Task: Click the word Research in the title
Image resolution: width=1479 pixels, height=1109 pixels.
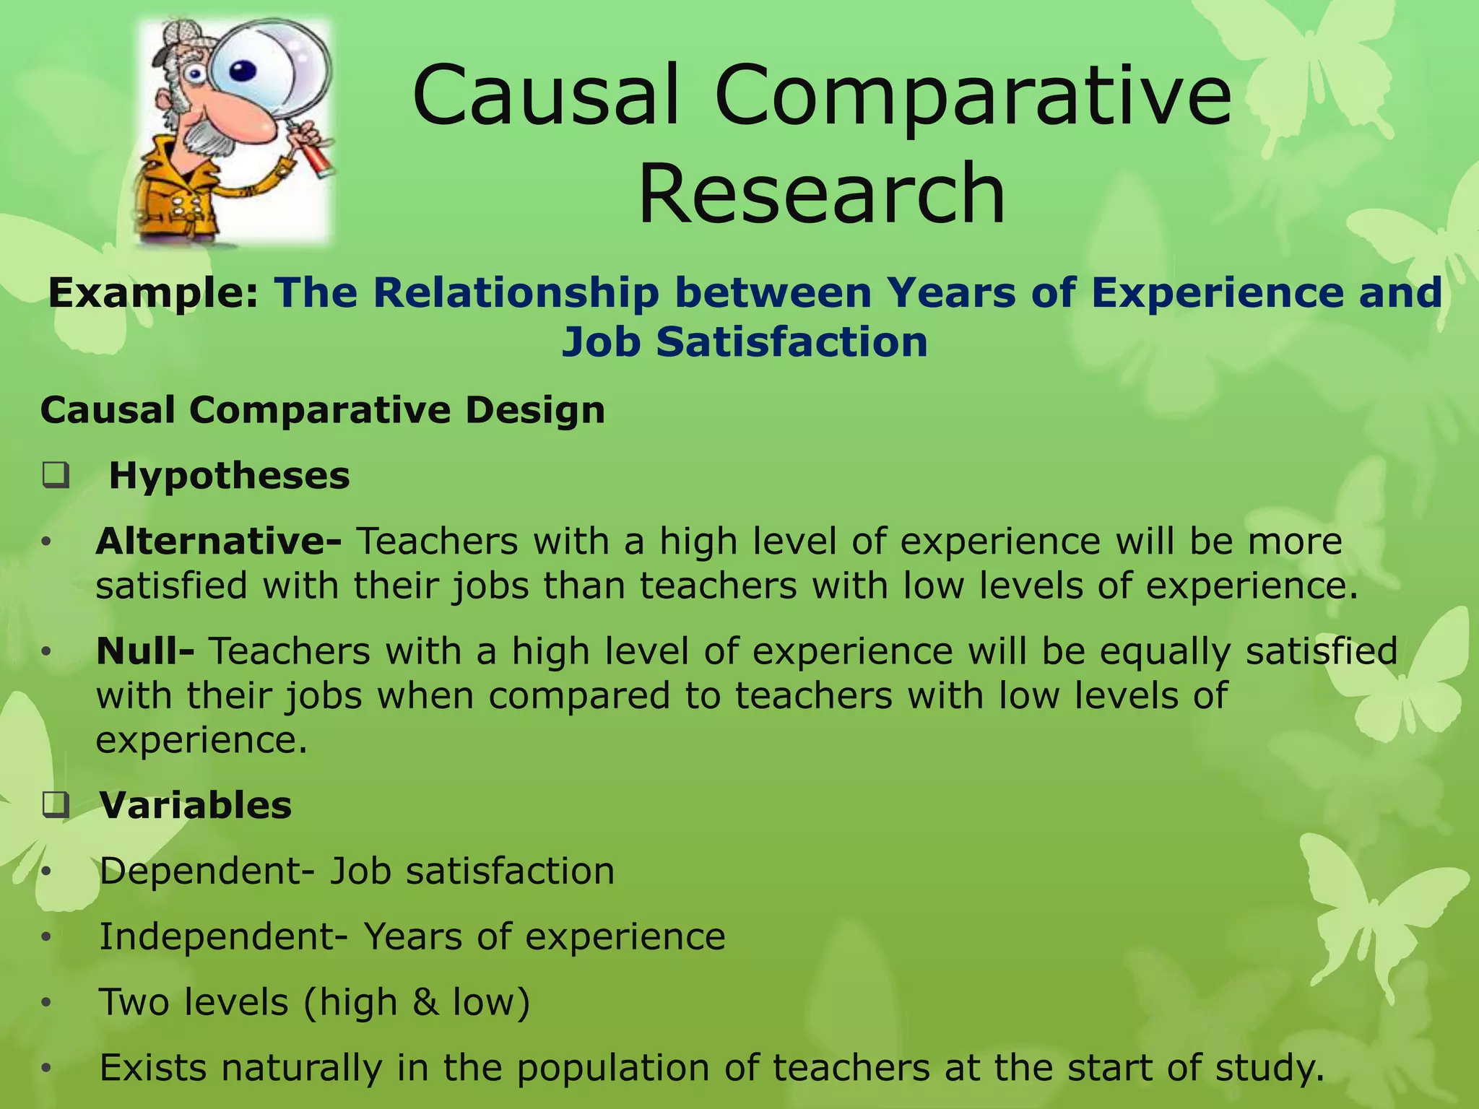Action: pos(821,193)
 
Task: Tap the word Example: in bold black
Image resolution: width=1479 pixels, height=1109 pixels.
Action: pos(153,293)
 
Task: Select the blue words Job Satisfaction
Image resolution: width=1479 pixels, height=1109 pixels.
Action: pos(745,342)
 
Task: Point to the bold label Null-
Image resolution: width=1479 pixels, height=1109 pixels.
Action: pos(145,651)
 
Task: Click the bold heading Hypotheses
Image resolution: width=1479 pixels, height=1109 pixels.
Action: pos(229,477)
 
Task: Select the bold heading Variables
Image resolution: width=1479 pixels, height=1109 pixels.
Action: pos(196,806)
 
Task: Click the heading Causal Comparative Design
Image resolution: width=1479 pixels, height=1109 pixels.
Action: pos(322,411)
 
